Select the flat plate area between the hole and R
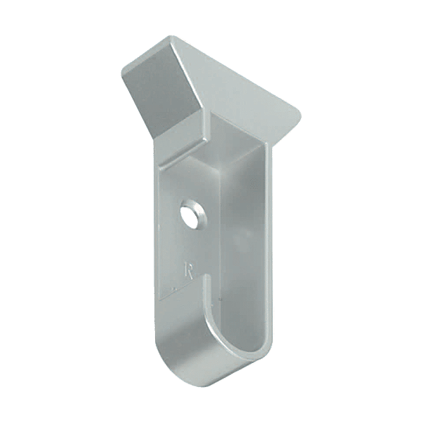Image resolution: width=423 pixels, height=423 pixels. click(x=189, y=243)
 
